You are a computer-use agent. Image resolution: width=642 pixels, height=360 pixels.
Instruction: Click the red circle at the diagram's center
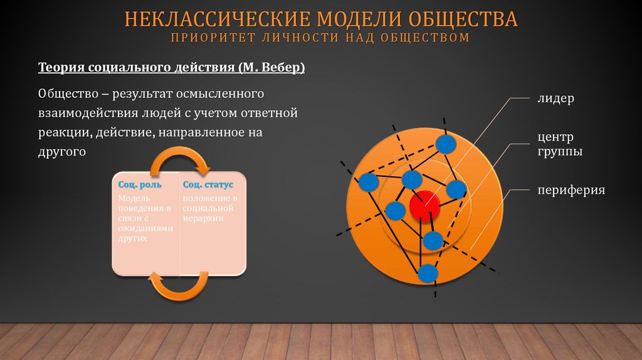click(x=424, y=205)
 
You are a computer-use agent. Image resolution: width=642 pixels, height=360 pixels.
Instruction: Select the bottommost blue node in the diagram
click(x=428, y=273)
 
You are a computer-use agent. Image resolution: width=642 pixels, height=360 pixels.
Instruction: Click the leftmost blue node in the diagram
click(x=369, y=183)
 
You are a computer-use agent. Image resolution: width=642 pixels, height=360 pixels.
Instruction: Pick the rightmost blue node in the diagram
click(x=456, y=189)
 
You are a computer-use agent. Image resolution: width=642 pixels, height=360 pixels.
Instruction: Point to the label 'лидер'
click(x=555, y=99)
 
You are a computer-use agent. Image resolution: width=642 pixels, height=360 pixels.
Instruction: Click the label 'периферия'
click(x=571, y=189)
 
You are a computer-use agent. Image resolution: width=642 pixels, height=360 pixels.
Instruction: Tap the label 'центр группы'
click(x=559, y=144)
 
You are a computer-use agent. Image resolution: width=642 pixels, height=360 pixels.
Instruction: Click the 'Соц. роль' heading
click(x=140, y=185)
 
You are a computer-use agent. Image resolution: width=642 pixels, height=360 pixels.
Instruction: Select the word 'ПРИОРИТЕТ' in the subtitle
click(x=209, y=38)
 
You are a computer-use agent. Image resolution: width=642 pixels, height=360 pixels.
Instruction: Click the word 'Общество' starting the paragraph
click(x=66, y=94)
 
